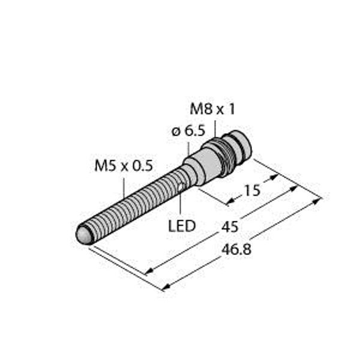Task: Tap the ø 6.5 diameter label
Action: tap(187, 131)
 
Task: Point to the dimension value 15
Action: tap(252, 191)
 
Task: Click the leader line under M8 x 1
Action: tap(214, 127)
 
